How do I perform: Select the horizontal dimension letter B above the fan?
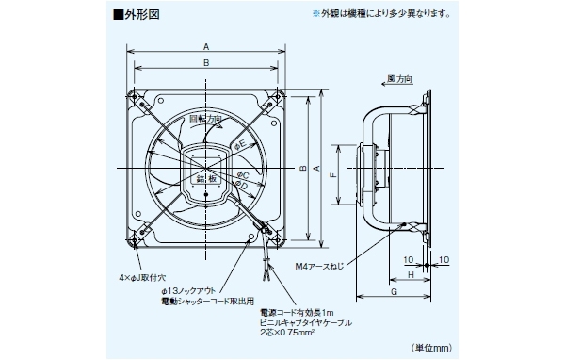(x=205, y=62)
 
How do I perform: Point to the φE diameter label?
(x=240, y=144)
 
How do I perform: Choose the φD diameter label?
(x=242, y=186)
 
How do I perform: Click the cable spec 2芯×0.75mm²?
(x=293, y=333)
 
